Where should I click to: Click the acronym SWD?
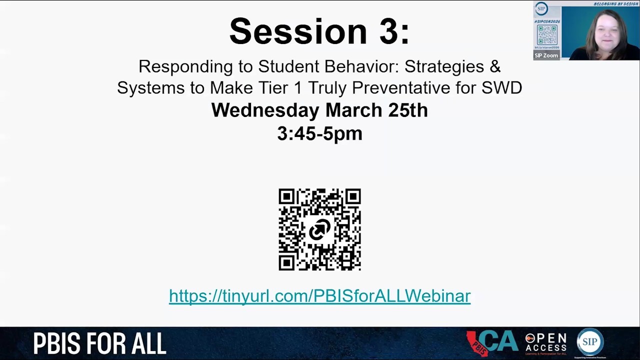click(x=501, y=88)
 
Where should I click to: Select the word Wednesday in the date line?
click(x=265, y=110)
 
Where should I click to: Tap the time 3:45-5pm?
click(x=319, y=133)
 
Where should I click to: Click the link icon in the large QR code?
click(x=319, y=230)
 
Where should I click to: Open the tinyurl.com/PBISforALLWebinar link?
click(x=319, y=296)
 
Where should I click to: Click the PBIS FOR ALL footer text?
click(x=99, y=344)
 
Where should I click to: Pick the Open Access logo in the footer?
click(x=545, y=343)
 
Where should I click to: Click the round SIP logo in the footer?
click(x=590, y=342)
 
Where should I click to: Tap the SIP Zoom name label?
click(x=546, y=55)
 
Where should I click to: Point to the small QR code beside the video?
click(x=547, y=35)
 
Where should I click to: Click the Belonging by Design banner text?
click(x=615, y=4)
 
